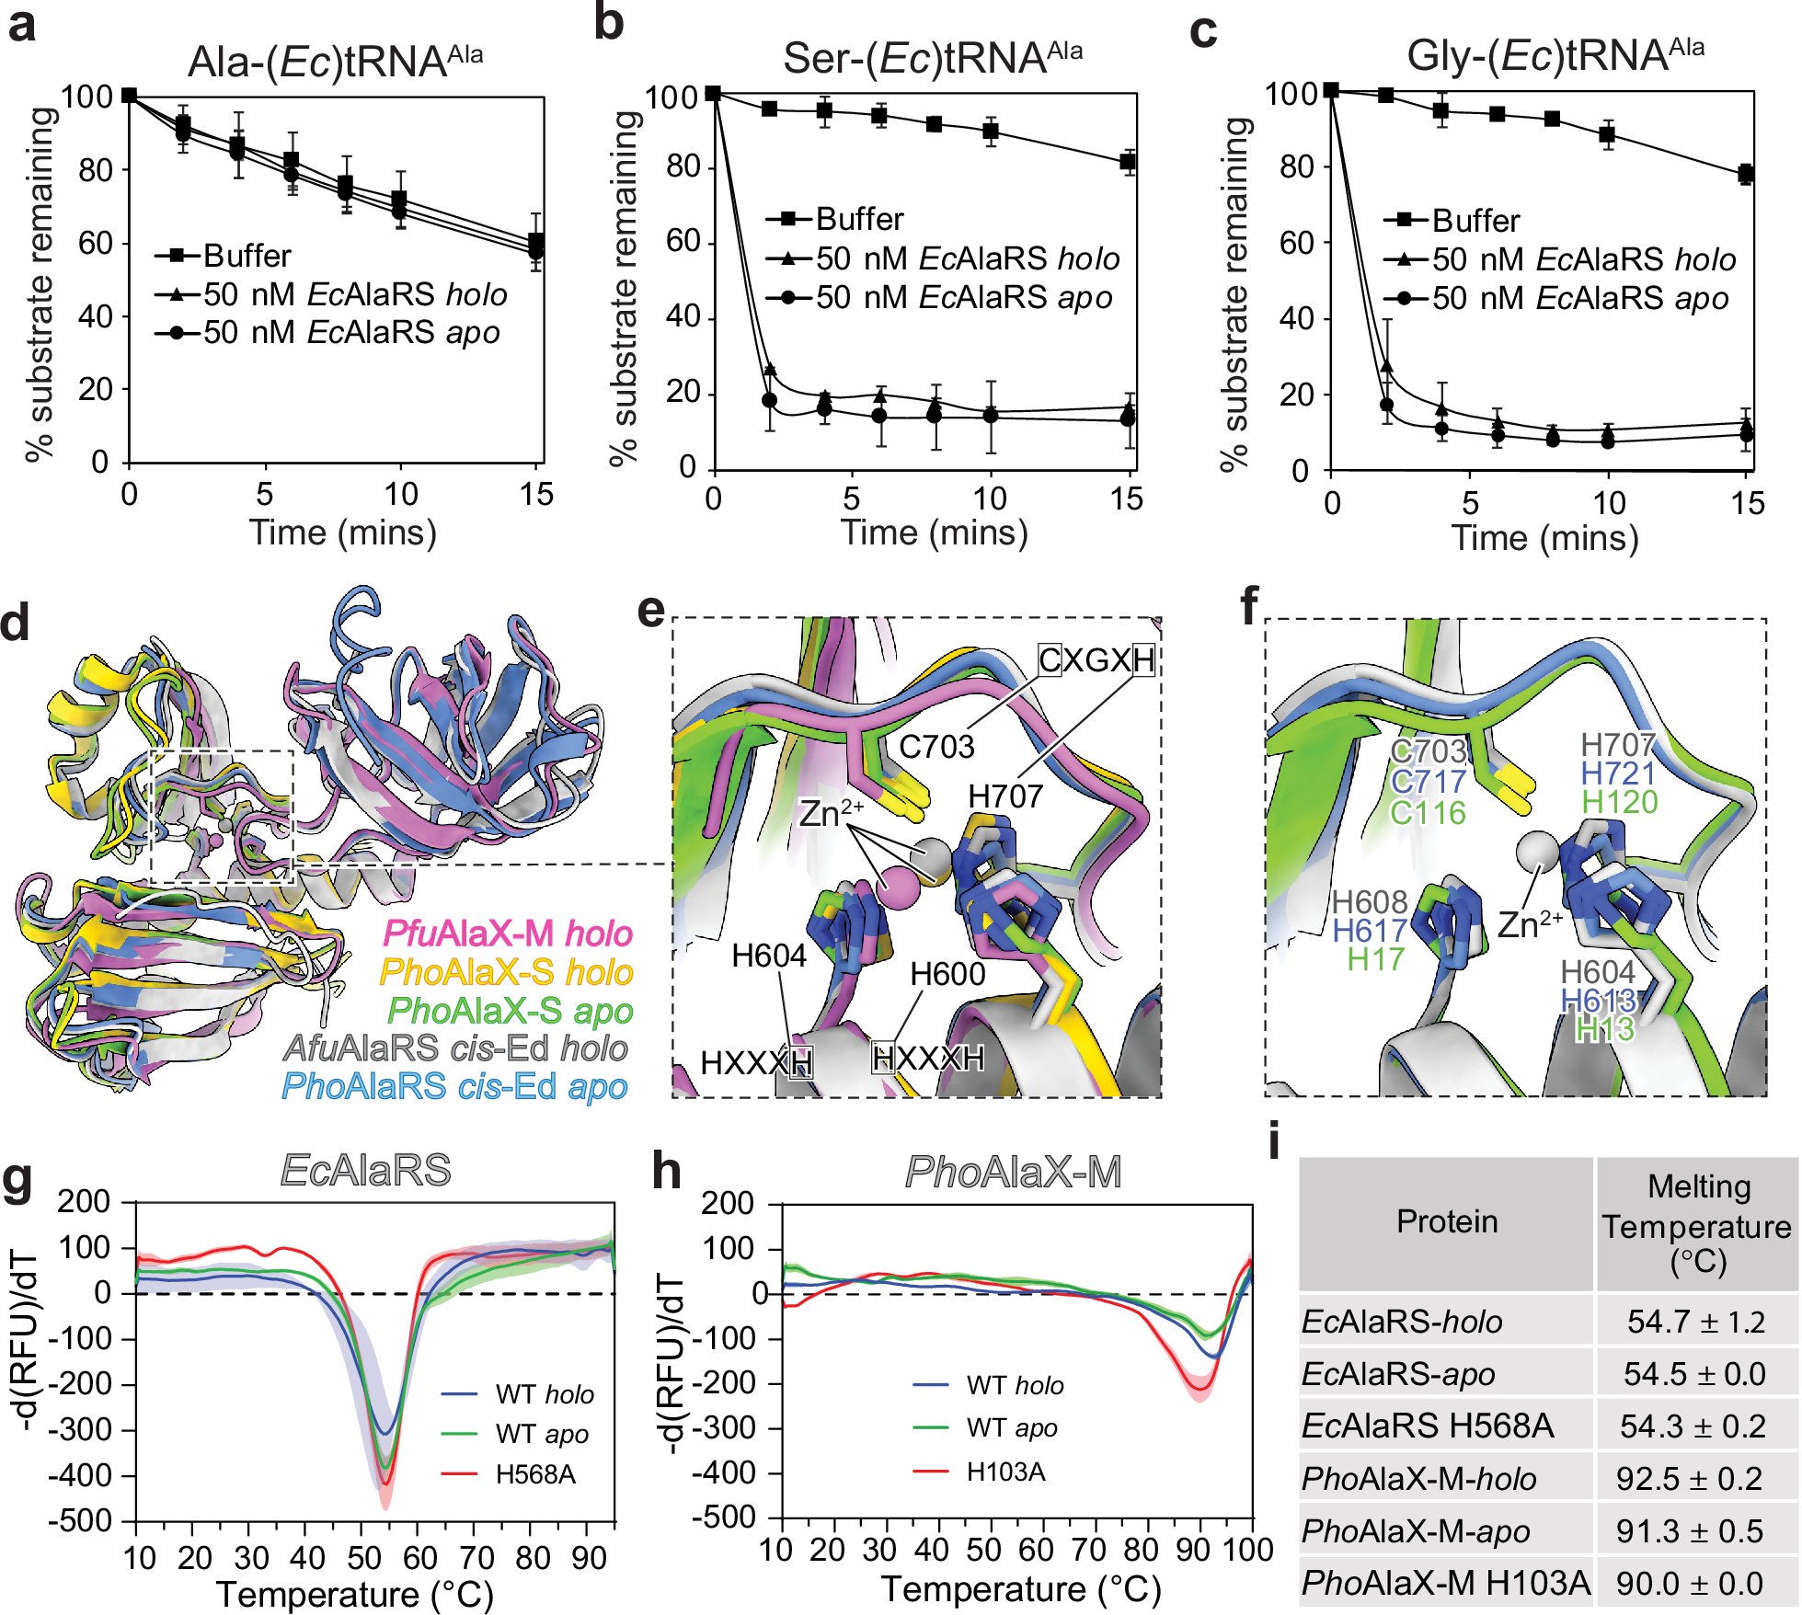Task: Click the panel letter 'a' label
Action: (x=22, y=25)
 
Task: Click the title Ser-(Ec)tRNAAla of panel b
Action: (x=932, y=59)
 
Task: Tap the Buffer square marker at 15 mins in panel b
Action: (x=1129, y=163)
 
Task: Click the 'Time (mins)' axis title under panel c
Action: (x=1544, y=538)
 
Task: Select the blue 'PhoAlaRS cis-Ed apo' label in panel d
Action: (x=454, y=1086)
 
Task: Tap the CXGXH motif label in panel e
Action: (x=1096, y=659)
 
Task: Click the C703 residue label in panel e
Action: (x=936, y=747)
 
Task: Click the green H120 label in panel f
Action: (x=1619, y=803)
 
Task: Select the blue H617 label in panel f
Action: (x=1369, y=931)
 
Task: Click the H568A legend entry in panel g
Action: (x=534, y=1474)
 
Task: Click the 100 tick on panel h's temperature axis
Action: (x=1247, y=1550)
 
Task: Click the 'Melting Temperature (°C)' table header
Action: (x=1696, y=1224)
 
